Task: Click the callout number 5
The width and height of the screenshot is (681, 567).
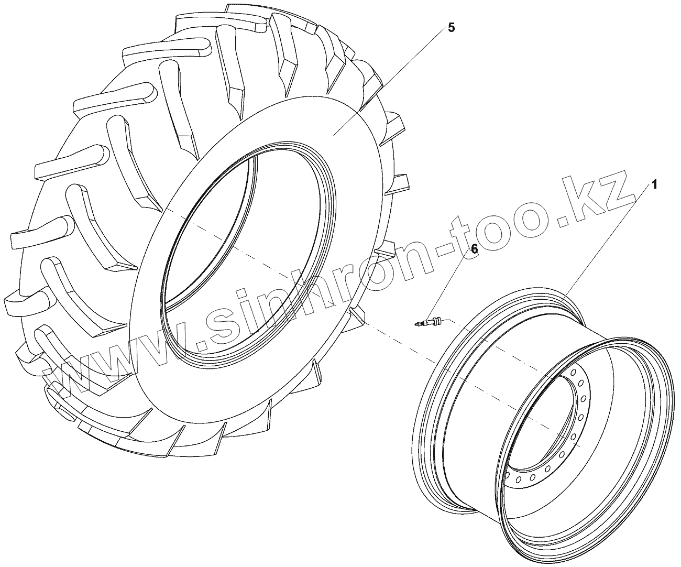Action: click(451, 28)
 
